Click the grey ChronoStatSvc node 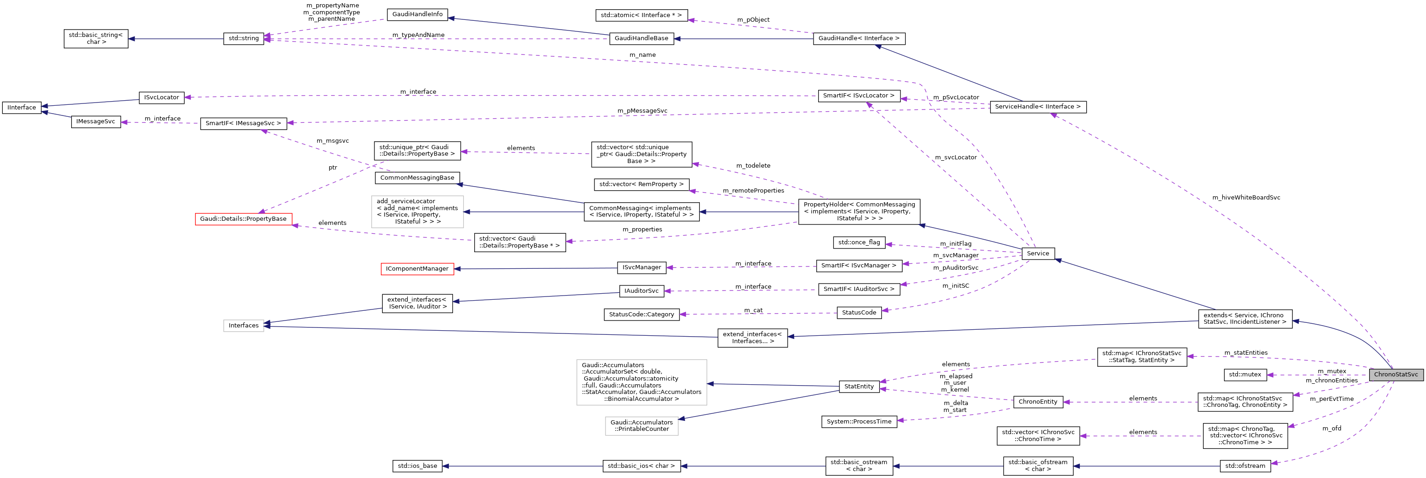tap(1395, 375)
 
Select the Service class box tap(1037, 254)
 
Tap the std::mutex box tap(1245, 375)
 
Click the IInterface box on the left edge tap(22, 107)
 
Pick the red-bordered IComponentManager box tap(417, 269)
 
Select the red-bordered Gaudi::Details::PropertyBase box tap(243, 219)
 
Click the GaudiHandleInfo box tap(417, 14)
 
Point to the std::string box tap(244, 39)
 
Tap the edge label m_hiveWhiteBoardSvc tap(1246, 198)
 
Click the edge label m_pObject tap(753, 20)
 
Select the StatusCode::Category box tap(641, 314)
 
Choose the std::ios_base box tap(417, 466)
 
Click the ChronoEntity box tap(1037, 402)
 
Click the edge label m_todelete tap(753, 165)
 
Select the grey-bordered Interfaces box tap(244, 325)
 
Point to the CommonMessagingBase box tap(417, 178)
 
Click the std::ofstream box tap(1245, 466)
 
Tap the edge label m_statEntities tap(1246, 352)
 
